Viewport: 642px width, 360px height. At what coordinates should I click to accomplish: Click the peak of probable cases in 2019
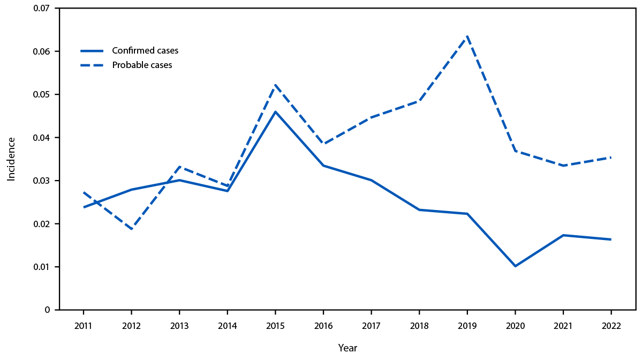tap(467, 36)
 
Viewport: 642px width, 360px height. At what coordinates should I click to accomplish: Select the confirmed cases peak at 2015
tap(275, 111)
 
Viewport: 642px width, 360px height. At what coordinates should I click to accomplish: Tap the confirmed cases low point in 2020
tap(515, 266)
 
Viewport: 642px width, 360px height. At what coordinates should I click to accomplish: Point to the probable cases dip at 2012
tap(131, 229)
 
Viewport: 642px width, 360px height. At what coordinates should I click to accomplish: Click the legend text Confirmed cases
tap(145, 51)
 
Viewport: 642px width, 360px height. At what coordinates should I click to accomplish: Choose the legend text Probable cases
tap(142, 65)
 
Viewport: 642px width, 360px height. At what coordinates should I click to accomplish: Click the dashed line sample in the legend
tap(92, 65)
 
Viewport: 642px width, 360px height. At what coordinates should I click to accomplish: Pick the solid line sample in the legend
tap(92, 51)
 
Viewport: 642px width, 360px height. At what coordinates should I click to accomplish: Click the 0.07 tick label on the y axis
tap(41, 9)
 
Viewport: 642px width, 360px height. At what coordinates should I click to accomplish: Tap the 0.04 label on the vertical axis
tap(41, 138)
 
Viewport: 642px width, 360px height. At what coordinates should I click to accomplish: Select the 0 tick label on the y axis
tap(48, 310)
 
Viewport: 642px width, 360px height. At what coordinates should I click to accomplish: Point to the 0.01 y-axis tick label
tap(41, 267)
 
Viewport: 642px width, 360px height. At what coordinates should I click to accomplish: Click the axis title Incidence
tap(11, 159)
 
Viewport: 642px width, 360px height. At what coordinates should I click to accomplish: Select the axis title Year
tap(347, 348)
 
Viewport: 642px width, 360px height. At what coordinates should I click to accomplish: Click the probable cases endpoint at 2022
tap(611, 157)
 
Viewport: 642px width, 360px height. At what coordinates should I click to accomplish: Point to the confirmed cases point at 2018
tap(419, 209)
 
